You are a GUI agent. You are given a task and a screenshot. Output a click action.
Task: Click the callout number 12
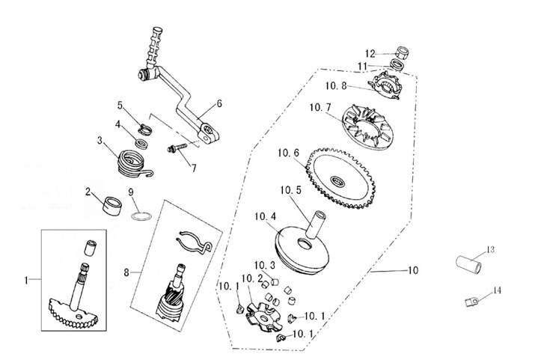(x=370, y=54)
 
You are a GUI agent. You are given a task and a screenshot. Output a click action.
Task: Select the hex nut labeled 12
(x=403, y=53)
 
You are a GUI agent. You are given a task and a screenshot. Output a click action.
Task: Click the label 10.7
(x=320, y=108)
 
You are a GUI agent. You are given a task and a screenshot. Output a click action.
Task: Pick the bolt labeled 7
(x=177, y=148)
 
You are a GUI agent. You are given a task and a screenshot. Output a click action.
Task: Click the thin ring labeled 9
(x=141, y=216)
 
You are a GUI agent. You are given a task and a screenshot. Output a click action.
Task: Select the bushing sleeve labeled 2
(x=112, y=206)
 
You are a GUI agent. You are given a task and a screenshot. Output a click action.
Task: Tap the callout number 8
(x=126, y=273)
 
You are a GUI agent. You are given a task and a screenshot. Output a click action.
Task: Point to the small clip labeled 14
(x=472, y=301)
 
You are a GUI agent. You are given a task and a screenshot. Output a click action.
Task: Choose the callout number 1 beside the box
(x=26, y=280)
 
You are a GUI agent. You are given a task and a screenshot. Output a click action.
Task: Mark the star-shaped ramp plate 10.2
(x=263, y=317)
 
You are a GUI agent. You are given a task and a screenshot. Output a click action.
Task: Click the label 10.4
(x=266, y=216)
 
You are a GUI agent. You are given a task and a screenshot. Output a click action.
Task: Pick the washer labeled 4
(x=141, y=144)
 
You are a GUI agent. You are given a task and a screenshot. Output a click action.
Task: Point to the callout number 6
(x=219, y=103)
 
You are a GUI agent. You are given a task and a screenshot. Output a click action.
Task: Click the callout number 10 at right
(x=412, y=270)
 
